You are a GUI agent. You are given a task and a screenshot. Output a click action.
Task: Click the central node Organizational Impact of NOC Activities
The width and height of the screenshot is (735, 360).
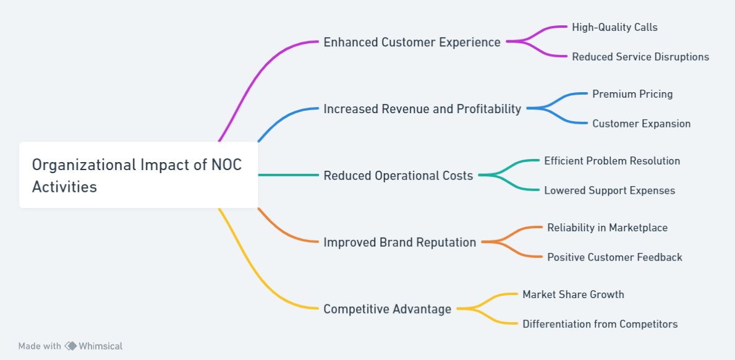138,175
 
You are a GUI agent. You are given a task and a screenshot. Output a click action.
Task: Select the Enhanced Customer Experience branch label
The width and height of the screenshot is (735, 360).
412,42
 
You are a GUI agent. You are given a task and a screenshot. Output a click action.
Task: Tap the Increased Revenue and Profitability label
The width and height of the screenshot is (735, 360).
422,109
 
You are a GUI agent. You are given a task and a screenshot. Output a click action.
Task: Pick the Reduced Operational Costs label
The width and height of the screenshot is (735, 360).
399,176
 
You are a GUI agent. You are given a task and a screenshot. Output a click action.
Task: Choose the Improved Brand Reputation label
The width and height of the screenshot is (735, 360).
400,242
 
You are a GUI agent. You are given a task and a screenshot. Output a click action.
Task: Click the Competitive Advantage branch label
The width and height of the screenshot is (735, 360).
388,309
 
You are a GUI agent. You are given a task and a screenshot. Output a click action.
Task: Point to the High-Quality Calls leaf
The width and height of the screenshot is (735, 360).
614,27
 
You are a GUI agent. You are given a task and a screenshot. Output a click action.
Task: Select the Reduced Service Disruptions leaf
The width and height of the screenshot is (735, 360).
640,57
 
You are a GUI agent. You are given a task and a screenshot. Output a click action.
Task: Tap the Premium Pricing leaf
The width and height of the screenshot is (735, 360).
632,94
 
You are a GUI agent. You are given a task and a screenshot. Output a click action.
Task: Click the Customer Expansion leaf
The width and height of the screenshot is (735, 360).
641,124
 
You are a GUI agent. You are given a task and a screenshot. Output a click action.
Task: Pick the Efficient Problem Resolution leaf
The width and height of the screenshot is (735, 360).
612,161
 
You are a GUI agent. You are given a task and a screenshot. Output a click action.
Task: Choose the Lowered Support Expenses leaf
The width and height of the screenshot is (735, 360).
610,191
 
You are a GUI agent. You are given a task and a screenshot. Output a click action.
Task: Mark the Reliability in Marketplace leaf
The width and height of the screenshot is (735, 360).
608,228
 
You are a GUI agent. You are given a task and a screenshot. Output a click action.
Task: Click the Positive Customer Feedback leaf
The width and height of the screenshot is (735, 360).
614,257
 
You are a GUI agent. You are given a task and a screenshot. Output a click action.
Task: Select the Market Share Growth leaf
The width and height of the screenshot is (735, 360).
573,294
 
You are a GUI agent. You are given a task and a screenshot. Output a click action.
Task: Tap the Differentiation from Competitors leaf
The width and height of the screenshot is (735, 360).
600,324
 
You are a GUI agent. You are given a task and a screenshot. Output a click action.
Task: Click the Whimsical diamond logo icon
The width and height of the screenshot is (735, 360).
70,346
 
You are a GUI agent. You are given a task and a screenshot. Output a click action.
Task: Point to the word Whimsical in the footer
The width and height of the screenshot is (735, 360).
100,346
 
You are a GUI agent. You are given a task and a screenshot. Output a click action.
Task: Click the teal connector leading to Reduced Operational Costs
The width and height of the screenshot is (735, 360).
288,175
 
